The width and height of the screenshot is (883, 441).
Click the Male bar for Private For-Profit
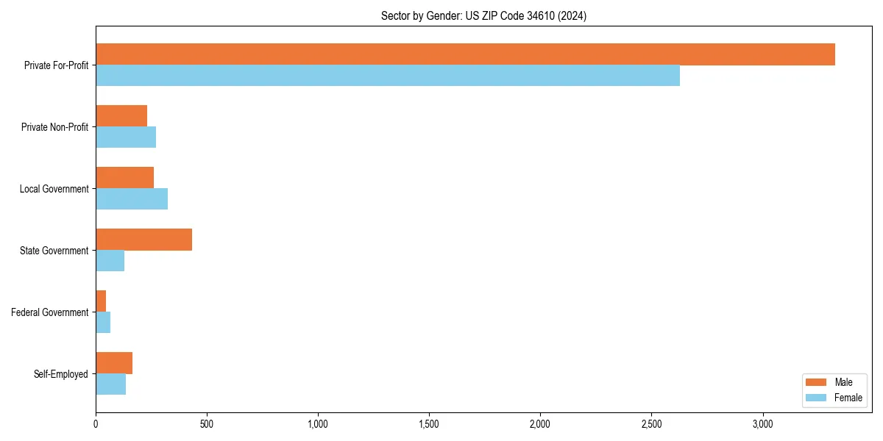pos(465,54)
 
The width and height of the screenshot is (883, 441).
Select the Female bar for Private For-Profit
pos(388,76)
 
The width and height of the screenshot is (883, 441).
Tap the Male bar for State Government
pos(143,240)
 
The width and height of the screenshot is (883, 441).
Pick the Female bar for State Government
pos(110,261)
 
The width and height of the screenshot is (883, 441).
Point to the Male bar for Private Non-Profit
pos(121,116)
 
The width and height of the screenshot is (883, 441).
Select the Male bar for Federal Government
pos(101,301)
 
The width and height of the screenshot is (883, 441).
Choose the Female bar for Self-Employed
pos(110,384)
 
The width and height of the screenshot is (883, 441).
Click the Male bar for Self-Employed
pos(114,363)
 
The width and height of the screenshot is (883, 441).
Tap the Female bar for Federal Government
pos(103,323)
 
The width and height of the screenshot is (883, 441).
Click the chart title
pos(483,15)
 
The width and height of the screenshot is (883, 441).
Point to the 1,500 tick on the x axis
pos(428,424)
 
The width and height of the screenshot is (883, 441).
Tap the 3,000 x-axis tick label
pos(762,424)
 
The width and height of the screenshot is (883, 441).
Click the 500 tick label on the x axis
pos(207,424)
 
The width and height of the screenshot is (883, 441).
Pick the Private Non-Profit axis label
pos(54,127)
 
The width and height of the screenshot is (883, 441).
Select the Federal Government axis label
pos(50,312)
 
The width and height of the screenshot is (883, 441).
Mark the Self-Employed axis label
pos(61,374)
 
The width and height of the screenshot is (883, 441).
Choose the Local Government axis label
pos(54,189)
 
